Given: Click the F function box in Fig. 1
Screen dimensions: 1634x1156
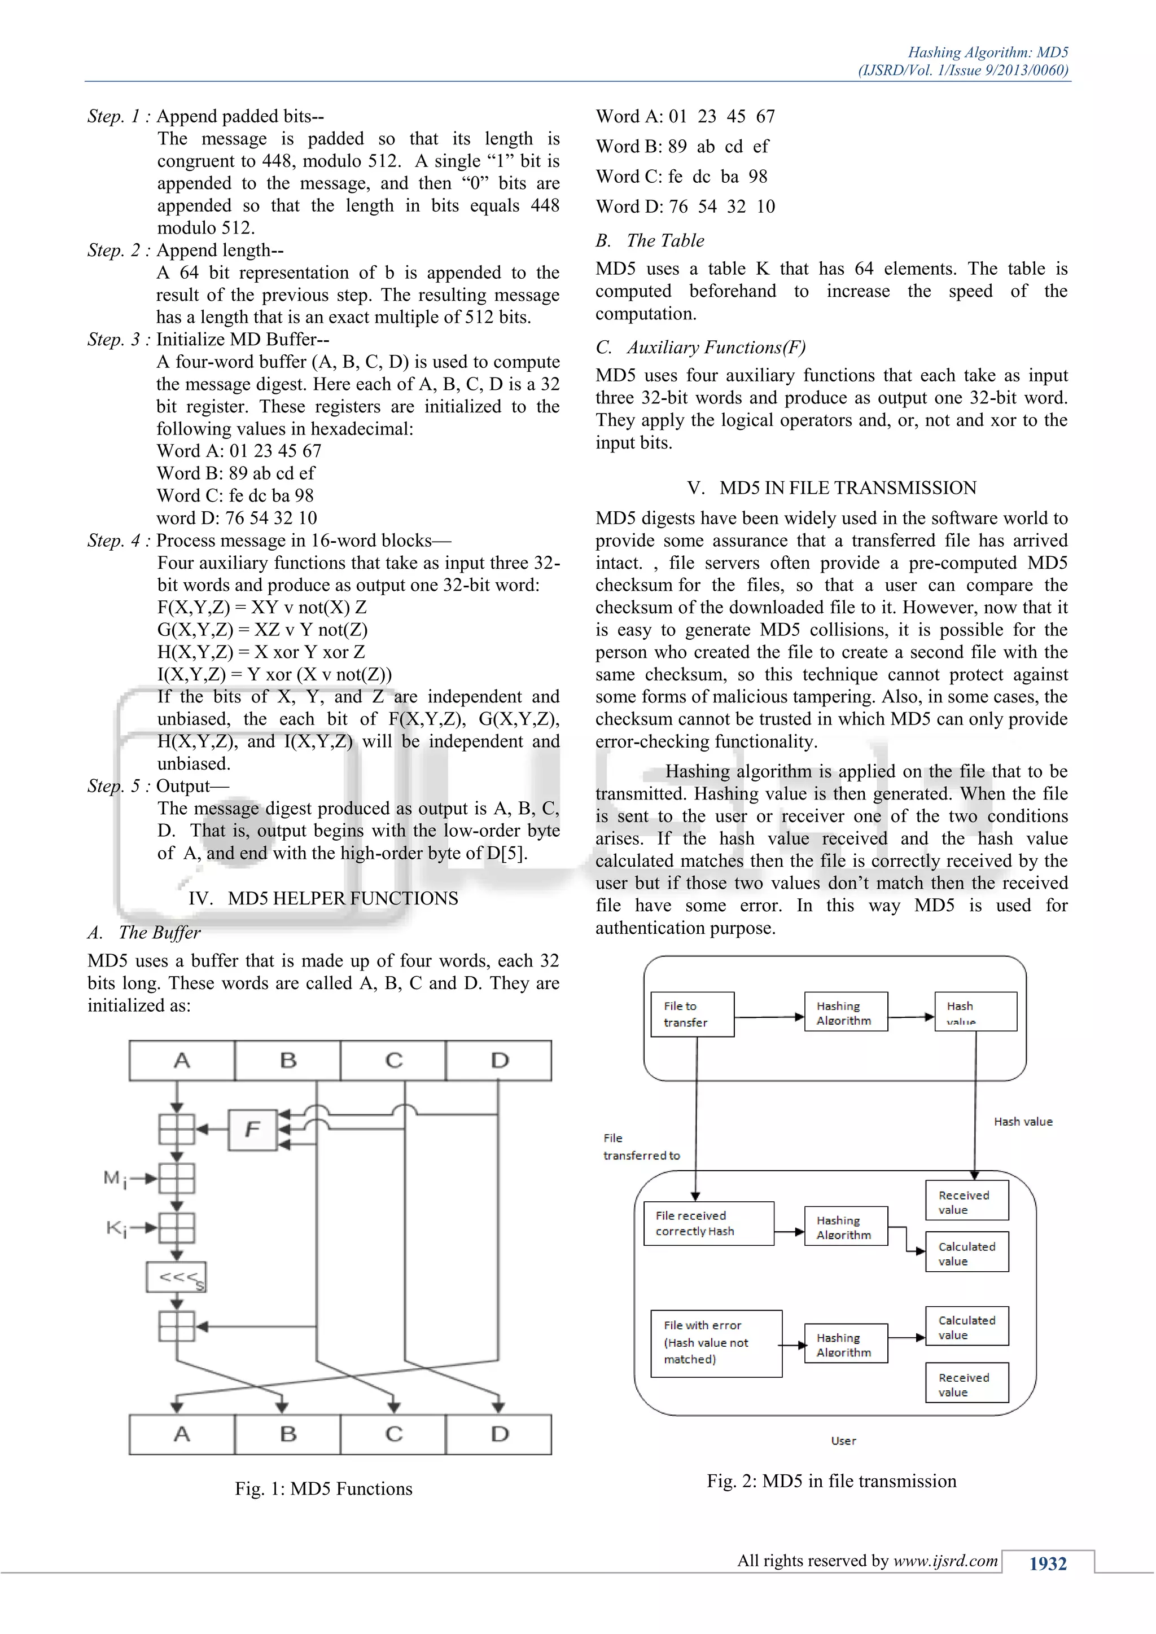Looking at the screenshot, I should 252,1130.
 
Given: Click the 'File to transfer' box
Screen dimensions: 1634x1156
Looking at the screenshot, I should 692,1014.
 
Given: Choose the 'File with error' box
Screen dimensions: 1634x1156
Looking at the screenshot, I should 716,1343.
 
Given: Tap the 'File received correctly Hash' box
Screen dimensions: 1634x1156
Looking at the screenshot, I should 708,1223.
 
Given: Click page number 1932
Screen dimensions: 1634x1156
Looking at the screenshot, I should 1048,1563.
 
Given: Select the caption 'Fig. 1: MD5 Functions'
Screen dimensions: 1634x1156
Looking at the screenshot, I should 324,1489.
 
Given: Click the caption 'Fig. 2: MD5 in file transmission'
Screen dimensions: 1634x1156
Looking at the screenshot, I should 831,1481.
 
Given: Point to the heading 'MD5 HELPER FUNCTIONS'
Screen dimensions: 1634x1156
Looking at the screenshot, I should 343,898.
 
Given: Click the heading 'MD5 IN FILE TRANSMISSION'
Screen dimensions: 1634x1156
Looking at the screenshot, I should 848,487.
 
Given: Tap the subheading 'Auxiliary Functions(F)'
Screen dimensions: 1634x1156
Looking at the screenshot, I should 716,348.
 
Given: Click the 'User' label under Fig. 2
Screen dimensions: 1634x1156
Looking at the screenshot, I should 843,1441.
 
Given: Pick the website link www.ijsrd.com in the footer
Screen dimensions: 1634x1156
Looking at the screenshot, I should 945,1561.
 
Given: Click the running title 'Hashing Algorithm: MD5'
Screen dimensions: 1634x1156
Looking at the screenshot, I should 988,52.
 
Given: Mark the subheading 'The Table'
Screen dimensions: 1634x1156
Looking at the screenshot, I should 665,240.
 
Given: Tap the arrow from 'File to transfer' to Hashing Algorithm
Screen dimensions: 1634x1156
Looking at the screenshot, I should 769,1017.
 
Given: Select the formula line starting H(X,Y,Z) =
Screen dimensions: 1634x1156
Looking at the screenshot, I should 261,652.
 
